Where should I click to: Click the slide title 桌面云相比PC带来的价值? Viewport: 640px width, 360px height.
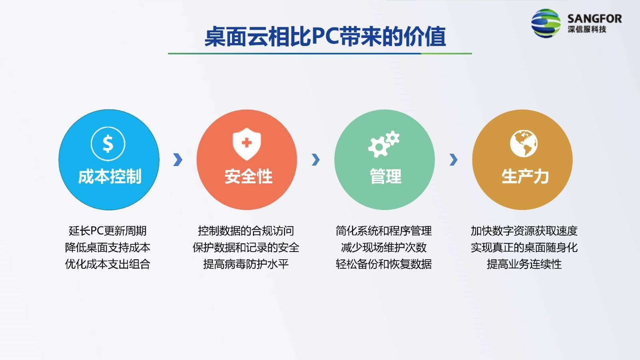(x=325, y=36)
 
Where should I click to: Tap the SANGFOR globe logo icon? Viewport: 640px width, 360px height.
(x=546, y=23)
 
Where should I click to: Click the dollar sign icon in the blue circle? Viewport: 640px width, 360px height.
(x=108, y=144)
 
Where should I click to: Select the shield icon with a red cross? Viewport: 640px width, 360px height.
(x=246, y=144)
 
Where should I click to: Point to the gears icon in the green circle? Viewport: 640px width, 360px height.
(x=384, y=144)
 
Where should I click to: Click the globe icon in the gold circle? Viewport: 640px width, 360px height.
(x=524, y=144)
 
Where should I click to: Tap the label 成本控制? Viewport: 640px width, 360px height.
(x=110, y=176)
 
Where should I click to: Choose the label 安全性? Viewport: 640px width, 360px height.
(x=248, y=176)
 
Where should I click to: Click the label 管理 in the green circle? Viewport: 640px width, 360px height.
(x=386, y=176)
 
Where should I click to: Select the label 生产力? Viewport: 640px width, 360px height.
(x=525, y=176)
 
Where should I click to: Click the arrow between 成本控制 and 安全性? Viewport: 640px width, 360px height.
(x=178, y=160)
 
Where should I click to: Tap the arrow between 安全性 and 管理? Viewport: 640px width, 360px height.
(x=316, y=160)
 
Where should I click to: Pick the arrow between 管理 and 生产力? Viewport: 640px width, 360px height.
(x=454, y=160)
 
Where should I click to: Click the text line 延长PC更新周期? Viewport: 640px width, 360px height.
(x=108, y=231)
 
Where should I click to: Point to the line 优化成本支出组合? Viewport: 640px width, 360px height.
(x=108, y=264)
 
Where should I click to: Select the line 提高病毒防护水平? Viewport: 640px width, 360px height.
(x=246, y=264)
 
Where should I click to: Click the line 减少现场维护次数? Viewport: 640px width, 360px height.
(x=384, y=248)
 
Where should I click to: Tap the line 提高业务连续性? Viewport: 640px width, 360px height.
(x=524, y=264)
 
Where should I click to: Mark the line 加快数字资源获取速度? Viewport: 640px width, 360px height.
(x=524, y=231)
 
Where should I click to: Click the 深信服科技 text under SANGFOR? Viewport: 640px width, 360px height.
(x=587, y=29)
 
